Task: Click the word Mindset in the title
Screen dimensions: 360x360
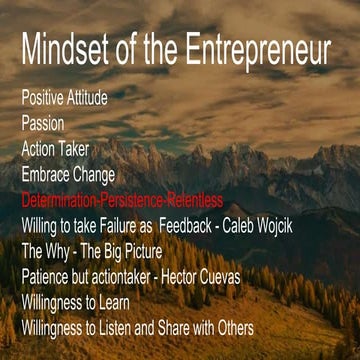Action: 63,51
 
